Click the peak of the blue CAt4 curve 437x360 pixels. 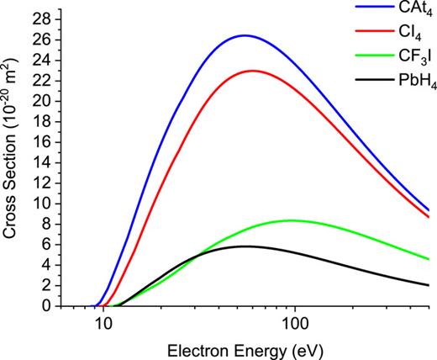coord(245,35)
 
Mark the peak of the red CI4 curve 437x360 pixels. coord(253,71)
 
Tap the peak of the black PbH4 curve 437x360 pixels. coord(244,246)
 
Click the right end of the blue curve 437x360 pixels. coord(429,210)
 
